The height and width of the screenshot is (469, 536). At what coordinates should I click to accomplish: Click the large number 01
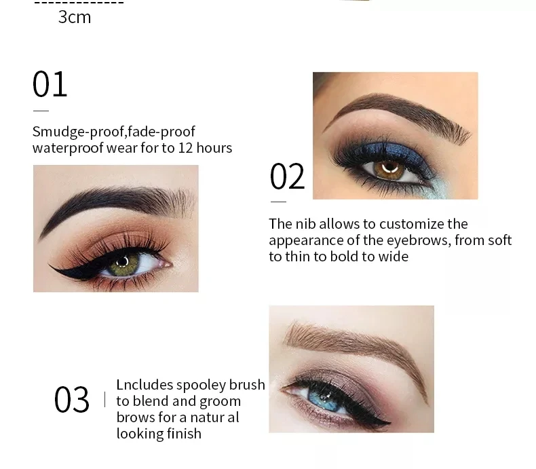(x=50, y=84)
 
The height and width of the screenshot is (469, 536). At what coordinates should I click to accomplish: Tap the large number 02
(x=288, y=176)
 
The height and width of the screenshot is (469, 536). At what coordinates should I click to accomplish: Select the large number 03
(x=72, y=399)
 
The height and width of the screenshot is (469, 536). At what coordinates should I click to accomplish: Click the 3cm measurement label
(x=75, y=17)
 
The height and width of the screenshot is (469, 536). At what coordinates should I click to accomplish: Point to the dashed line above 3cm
(x=79, y=3)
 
